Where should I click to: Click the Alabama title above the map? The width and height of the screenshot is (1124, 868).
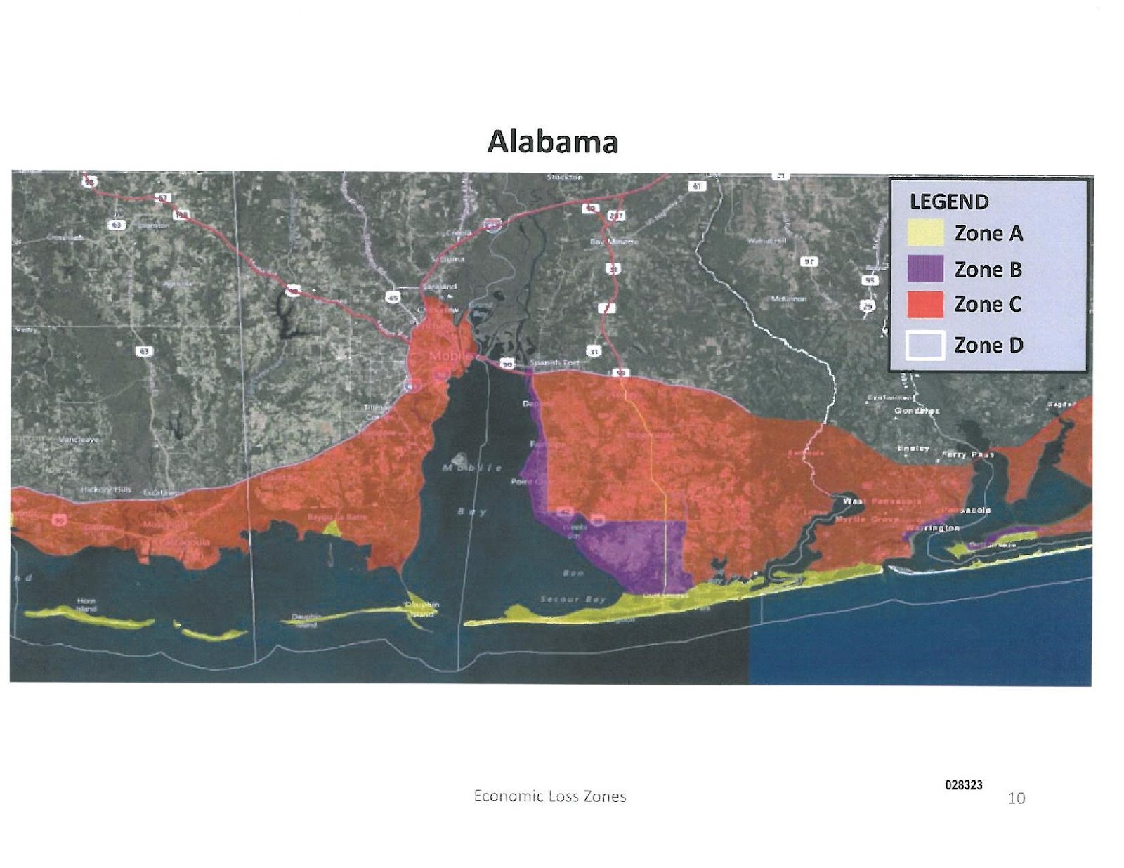click(552, 142)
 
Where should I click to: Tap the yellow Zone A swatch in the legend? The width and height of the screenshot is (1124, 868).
click(924, 233)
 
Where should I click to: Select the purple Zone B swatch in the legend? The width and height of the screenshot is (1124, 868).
click(924, 269)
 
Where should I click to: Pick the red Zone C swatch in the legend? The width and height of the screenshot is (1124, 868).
click(924, 305)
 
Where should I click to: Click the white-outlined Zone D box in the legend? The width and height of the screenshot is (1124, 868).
click(924, 346)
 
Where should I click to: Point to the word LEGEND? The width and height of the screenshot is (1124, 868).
click(949, 202)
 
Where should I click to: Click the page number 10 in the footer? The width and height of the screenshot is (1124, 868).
click(1016, 798)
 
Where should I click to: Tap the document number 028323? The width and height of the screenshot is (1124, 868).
click(963, 785)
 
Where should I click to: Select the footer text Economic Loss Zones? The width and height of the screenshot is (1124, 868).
click(549, 796)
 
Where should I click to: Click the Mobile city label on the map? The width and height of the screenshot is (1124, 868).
click(447, 356)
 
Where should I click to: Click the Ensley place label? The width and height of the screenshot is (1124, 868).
click(913, 448)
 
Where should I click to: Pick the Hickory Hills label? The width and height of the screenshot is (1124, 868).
click(106, 489)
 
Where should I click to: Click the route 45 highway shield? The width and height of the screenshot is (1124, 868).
click(393, 298)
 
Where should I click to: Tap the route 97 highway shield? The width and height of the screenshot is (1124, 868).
click(809, 261)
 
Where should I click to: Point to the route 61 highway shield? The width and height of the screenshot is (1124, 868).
click(696, 186)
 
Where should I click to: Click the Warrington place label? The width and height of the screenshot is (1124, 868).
click(932, 527)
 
